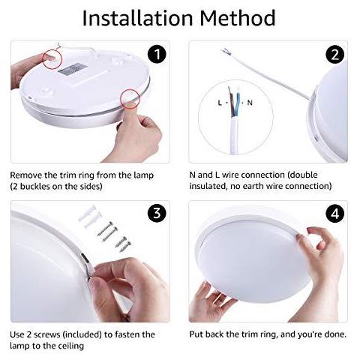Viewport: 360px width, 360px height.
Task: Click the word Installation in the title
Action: click(137, 18)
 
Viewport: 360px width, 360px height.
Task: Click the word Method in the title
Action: click(238, 18)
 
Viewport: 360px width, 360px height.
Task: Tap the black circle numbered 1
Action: click(157, 54)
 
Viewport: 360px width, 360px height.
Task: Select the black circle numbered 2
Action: click(335, 54)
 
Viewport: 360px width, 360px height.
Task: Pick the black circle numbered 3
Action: click(157, 213)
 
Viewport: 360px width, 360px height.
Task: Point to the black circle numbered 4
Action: click(335, 214)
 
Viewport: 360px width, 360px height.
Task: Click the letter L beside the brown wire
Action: click(220, 103)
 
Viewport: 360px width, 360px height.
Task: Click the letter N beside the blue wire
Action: click(250, 103)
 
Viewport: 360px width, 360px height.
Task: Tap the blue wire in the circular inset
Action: click(237, 105)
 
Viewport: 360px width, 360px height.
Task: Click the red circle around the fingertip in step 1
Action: click(52, 59)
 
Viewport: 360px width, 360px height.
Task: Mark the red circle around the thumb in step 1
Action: click(130, 99)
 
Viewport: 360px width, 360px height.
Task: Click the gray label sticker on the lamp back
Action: click(73, 68)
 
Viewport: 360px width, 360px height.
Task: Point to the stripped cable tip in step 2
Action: click(225, 52)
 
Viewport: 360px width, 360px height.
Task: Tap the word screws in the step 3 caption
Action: click(47, 334)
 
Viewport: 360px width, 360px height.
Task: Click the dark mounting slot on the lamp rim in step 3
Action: click(85, 258)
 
